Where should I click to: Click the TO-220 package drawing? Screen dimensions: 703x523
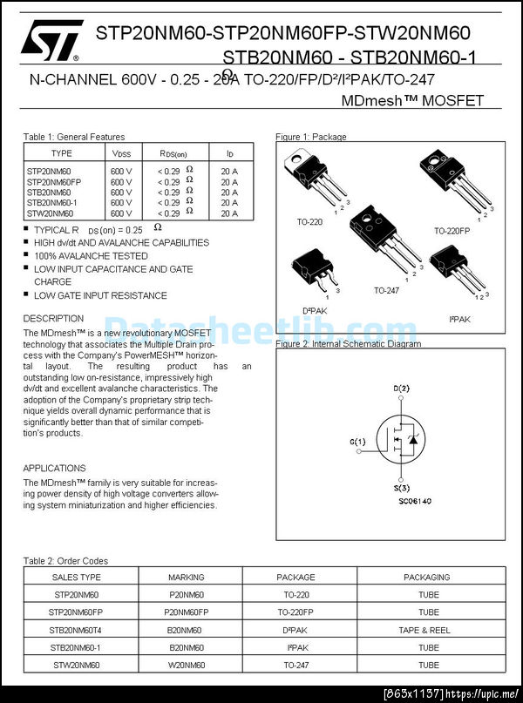tap(314, 179)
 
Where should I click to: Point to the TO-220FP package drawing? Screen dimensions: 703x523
tap(451, 182)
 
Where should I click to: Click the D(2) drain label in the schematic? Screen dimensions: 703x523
tap(401, 389)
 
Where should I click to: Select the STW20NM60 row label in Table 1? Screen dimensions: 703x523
tap(51, 213)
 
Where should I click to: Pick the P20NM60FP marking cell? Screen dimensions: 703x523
tap(186, 612)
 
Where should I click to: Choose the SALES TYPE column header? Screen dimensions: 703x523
tap(77, 578)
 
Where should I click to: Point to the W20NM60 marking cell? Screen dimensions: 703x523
tap(186, 665)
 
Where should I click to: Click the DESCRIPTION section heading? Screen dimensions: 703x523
tap(53, 319)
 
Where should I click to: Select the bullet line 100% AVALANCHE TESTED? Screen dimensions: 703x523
tap(91, 256)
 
